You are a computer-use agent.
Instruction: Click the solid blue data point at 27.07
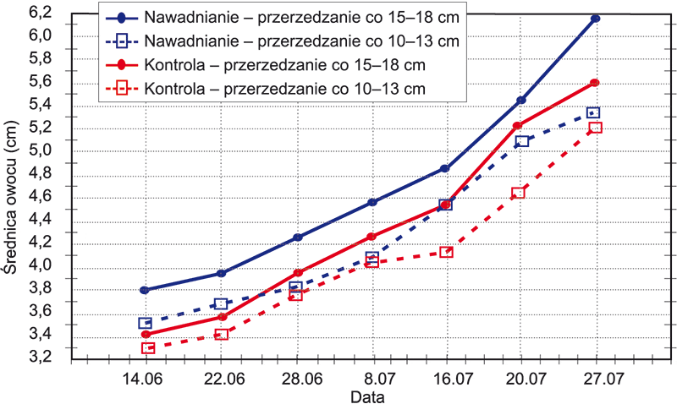coord(596,19)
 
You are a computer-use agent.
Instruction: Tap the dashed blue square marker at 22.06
coord(222,303)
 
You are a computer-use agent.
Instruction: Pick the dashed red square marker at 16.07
coord(447,252)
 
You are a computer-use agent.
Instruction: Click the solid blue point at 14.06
coord(145,290)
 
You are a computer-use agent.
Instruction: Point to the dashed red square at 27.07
coord(595,128)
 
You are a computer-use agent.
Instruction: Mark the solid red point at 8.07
coord(372,237)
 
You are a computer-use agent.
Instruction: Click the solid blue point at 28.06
coord(297,237)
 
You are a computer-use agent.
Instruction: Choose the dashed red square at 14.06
coord(148,347)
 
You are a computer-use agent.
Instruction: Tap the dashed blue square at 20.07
coord(522,141)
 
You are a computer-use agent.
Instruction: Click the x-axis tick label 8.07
coord(372,378)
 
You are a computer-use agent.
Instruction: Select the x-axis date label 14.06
coord(146,378)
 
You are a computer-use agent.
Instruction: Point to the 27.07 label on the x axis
coord(595,378)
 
